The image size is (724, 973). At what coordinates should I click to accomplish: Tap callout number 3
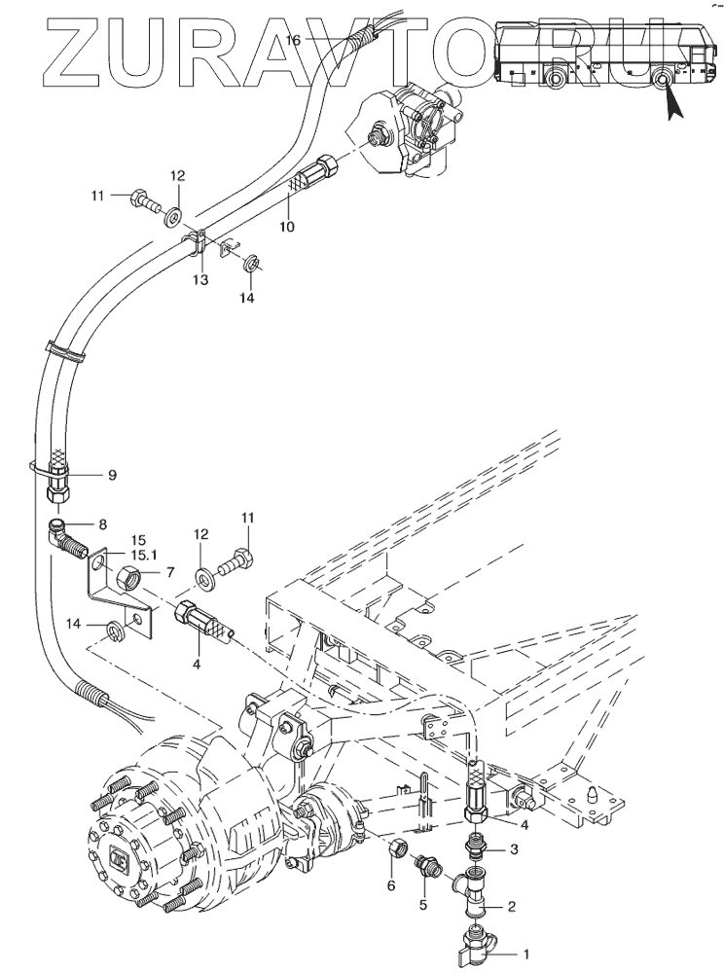(515, 850)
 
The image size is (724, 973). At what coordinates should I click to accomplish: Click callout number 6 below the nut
(391, 885)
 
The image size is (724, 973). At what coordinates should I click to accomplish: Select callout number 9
(112, 475)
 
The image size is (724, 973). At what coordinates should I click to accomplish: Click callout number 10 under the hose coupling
(287, 226)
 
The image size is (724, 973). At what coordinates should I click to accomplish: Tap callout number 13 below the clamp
(199, 280)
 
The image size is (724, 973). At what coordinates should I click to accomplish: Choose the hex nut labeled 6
(396, 850)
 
